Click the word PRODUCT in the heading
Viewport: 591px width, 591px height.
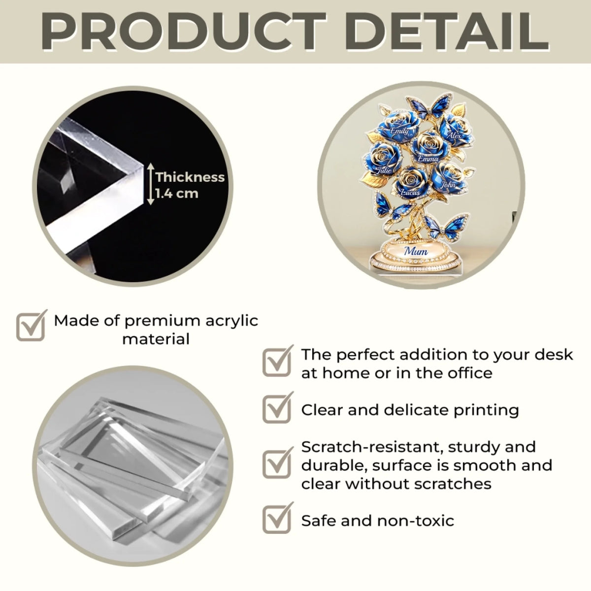click(183, 32)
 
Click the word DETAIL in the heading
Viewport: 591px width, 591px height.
click(447, 32)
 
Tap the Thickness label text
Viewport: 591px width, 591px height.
click(190, 177)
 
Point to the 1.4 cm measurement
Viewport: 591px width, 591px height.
click(177, 194)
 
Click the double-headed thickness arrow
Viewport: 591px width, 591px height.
click(150, 184)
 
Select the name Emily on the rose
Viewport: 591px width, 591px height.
click(399, 131)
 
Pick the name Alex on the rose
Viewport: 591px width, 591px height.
click(455, 135)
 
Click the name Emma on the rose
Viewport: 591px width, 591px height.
click(428, 159)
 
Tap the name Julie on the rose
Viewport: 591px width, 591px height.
click(384, 170)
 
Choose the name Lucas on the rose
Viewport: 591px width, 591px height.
click(410, 192)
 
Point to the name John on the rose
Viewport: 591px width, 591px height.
click(448, 184)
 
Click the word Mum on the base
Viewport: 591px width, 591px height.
click(416, 251)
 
